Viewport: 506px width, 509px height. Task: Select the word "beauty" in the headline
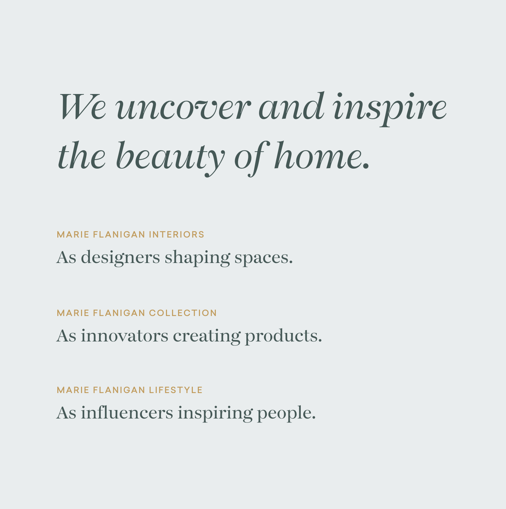pyautogui.click(x=171, y=158)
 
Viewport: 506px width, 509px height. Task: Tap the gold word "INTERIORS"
pyautogui.click(x=177, y=234)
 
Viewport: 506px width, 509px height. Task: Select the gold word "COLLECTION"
pyautogui.click(x=183, y=313)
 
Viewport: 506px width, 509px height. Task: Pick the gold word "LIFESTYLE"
pyautogui.click(x=176, y=390)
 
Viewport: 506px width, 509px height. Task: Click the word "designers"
pyautogui.click(x=120, y=258)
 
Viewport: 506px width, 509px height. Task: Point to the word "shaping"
pyautogui.click(x=197, y=258)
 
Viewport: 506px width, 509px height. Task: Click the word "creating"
pyautogui.click(x=207, y=336)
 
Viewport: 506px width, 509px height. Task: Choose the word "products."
pyautogui.click(x=283, y=336)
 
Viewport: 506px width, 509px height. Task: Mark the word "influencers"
pyautogui.click(x=127, y=412)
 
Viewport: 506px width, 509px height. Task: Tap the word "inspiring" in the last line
pyautogui.click(x=215, y=413)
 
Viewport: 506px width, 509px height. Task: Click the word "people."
pyautogui.click(x=287, y=413)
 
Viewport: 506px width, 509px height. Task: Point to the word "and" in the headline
pyautogui.click(x=291, y=106)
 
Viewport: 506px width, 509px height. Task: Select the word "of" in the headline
pyautogui.click(x=252, y=158)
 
